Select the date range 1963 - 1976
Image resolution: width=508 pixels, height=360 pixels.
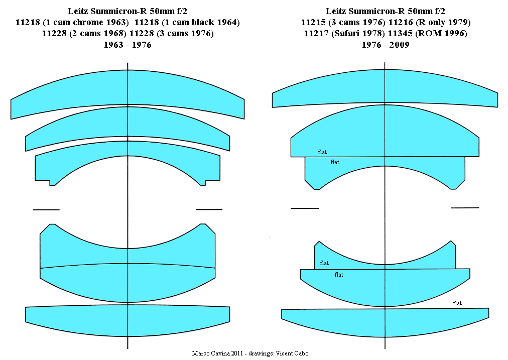tap(128, 45)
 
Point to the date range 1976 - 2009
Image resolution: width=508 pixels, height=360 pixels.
tap(386, 45)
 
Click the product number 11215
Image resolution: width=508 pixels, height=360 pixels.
tap(313, 23)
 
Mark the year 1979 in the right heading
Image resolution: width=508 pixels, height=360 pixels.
tap(459, 23)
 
